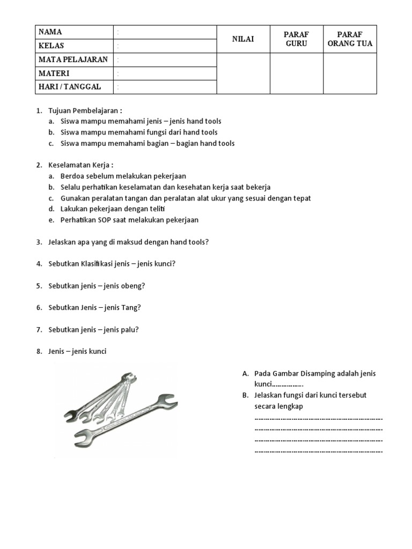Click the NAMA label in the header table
click(x=50, y=32)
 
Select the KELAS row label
click(x=51, y=46)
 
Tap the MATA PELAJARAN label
click(x=73, y=60)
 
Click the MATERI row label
click(x=54, y=73)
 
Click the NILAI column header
click(x=243, y=39)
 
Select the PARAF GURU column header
click(x=296, y=39)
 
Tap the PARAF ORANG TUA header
click(x=350, y=39)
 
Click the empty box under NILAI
click(x=243, y=73)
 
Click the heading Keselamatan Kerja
click(x=81, y=165)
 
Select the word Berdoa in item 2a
click(x=72, y=176)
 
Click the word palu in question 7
click(x=129, y=330)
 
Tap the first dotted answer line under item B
click(x=319, y=418)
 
